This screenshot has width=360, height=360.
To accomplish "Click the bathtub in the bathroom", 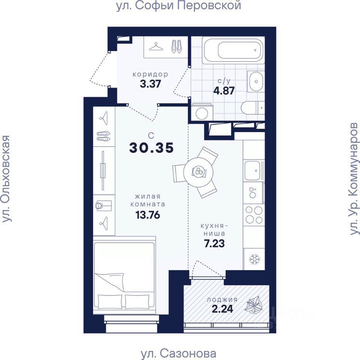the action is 233,50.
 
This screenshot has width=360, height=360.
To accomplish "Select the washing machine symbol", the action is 202,112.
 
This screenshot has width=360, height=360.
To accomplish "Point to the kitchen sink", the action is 252,170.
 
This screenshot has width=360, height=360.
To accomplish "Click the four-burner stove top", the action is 254,214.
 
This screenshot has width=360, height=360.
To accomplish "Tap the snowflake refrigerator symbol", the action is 254,259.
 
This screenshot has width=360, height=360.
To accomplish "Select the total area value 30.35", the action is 151,148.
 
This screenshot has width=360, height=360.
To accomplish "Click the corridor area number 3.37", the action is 150,84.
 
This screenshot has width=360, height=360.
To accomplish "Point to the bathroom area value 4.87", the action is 224,91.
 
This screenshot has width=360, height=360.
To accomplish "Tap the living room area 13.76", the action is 148,215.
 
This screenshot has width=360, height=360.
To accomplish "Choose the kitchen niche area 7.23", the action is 214,243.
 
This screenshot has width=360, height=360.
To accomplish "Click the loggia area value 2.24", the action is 222,309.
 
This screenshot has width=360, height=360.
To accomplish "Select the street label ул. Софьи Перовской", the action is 178,5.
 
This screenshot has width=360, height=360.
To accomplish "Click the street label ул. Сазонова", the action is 178,354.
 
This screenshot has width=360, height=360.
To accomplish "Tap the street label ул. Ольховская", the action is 6,179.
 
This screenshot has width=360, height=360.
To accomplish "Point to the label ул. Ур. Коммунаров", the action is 353,179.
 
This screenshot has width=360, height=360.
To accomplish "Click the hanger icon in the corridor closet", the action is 156,46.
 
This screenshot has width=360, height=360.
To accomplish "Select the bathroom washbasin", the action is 255,81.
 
